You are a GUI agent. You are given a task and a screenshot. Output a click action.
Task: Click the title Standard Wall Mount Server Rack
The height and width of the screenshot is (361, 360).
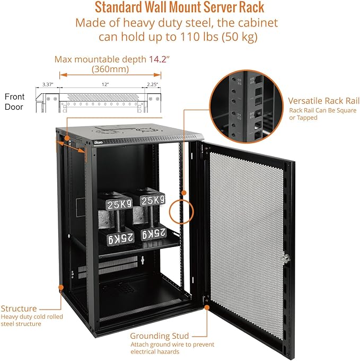(179, 8)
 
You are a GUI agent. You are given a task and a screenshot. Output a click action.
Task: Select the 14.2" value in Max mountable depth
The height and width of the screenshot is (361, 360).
(150, 59)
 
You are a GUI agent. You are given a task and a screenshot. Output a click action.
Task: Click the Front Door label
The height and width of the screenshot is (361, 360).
(15, 101)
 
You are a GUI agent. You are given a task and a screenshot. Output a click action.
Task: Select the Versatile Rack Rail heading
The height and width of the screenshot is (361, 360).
(323, 101)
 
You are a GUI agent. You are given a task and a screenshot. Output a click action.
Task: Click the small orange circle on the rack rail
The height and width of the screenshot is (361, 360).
(182, 210)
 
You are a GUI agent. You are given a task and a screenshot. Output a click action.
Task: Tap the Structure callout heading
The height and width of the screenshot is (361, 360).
(19, 309)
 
